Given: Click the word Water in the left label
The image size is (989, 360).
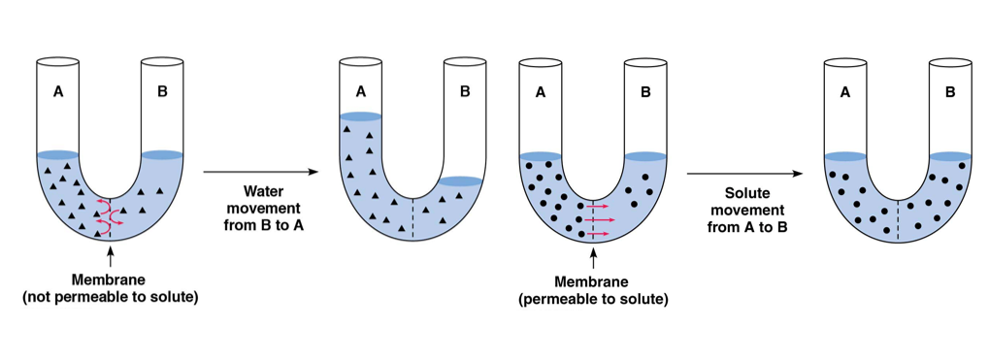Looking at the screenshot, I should [263, 191].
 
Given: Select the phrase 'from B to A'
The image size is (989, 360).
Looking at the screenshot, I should [263, 225].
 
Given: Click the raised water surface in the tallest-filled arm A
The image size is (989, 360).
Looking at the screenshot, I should [361, 117].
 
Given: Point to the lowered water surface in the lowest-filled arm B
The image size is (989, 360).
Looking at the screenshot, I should [462, 180].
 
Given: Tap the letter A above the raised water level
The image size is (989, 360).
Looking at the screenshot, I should [361, 92].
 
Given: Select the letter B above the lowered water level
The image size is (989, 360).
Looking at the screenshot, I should [464, 92].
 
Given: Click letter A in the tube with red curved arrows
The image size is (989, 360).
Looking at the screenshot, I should [58, 92].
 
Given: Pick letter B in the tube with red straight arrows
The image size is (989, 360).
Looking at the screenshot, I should [645, 92].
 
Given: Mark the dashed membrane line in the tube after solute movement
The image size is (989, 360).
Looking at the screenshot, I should [897, 219].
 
